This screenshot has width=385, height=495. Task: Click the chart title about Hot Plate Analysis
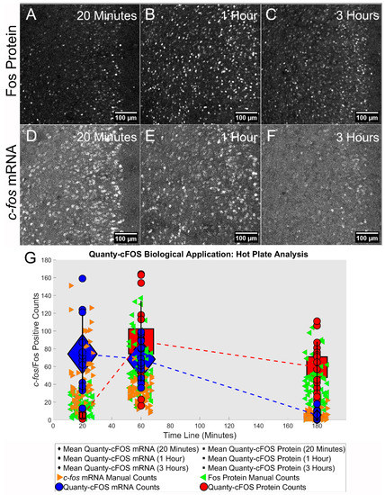coord(213,255)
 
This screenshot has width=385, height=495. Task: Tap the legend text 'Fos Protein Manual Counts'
coord(270,477)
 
